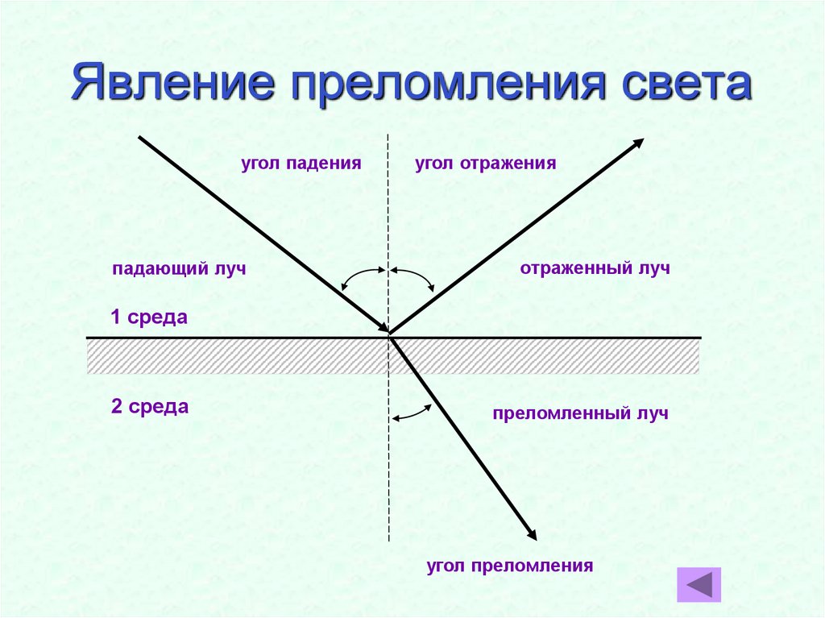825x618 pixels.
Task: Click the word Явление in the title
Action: [169, 85]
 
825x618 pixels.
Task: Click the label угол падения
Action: [300, 164]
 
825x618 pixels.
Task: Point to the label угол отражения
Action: [486, 164]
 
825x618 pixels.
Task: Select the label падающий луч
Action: [178, 269]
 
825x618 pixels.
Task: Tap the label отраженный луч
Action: [595, 268]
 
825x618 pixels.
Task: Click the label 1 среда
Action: [149, 317]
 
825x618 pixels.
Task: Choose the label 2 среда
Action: [150, 407]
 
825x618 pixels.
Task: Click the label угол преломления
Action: [510, 566]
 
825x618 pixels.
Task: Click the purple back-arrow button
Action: [699, 584]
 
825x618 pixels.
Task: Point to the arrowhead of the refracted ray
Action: [531, 534]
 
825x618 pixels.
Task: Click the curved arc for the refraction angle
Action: [412, 412]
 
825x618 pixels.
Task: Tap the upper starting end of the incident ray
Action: [140, 137]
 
